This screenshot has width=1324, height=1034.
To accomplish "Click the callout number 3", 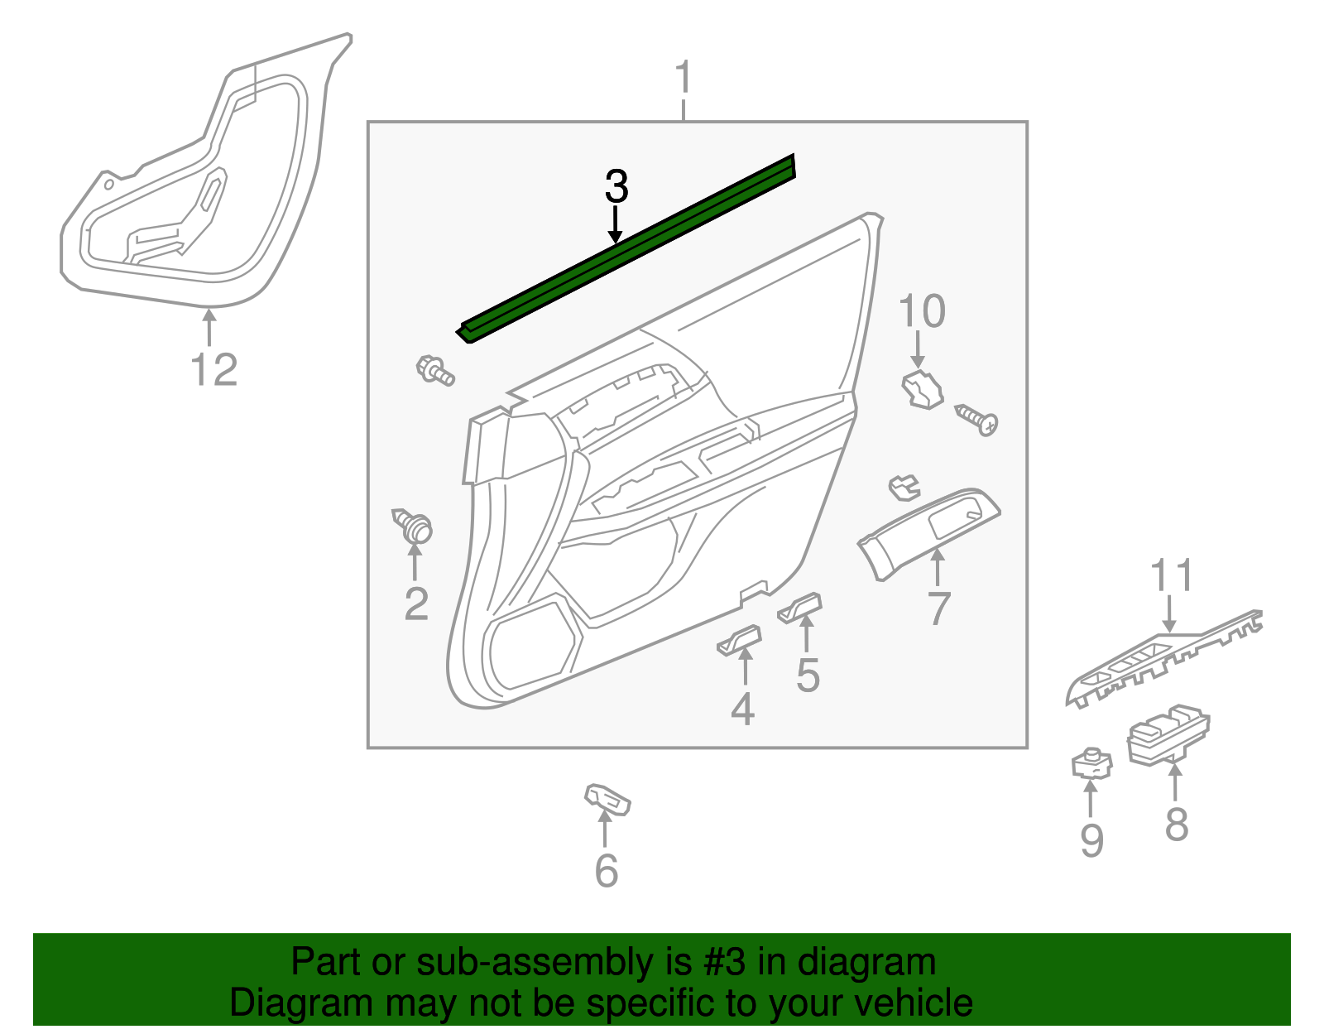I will pos(616,187).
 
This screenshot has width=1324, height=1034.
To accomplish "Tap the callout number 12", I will pos(213,369).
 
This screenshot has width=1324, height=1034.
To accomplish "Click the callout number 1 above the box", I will pos(684,79).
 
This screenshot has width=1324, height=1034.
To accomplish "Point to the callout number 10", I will pos(921,311).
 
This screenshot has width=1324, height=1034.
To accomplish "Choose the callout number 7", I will pos(938,608).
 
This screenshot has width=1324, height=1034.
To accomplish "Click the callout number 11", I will pos(1172,576).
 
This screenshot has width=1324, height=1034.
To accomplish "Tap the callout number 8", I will pos(1176,824).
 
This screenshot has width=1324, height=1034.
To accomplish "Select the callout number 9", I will pos(1091,841).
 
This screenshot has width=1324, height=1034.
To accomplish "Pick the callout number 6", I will pos(607,871).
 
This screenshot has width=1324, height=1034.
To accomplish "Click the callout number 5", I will pos(808,675).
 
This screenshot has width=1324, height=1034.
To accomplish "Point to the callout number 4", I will pos(742,709).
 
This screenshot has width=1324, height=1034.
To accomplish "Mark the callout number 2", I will pos(416,604).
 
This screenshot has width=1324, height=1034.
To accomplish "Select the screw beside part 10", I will pos(977,420).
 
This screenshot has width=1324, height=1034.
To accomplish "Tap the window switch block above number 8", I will pos(1168,734).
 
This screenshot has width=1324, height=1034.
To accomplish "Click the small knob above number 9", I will pos(1091,763).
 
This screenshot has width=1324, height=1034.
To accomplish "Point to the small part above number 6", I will pos(608,798).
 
